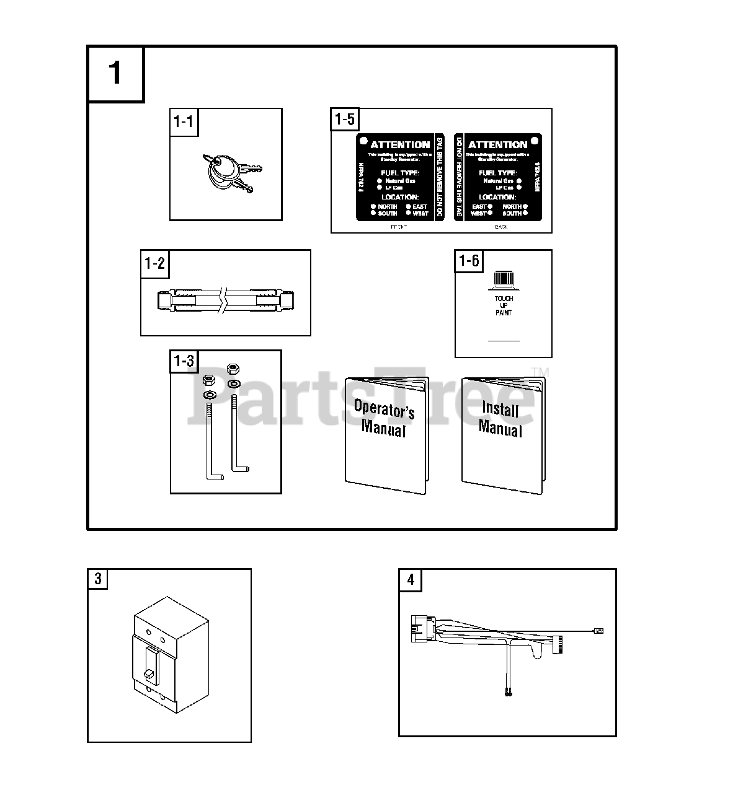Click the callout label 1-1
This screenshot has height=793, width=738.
point(183,121)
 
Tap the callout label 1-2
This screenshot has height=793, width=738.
point(154,263)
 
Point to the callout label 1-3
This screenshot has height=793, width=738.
point(184,361)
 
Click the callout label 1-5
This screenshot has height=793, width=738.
point(344,119)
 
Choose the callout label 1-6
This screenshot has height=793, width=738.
point(468,261)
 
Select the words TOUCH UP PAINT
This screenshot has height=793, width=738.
point(504,305)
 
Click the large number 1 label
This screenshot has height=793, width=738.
point(116,73)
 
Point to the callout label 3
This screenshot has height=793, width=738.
point(97,579)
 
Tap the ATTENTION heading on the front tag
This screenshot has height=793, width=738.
point(400,144)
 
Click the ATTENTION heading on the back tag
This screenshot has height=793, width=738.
point(498,144)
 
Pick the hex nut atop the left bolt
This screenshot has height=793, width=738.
point(209,380)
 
